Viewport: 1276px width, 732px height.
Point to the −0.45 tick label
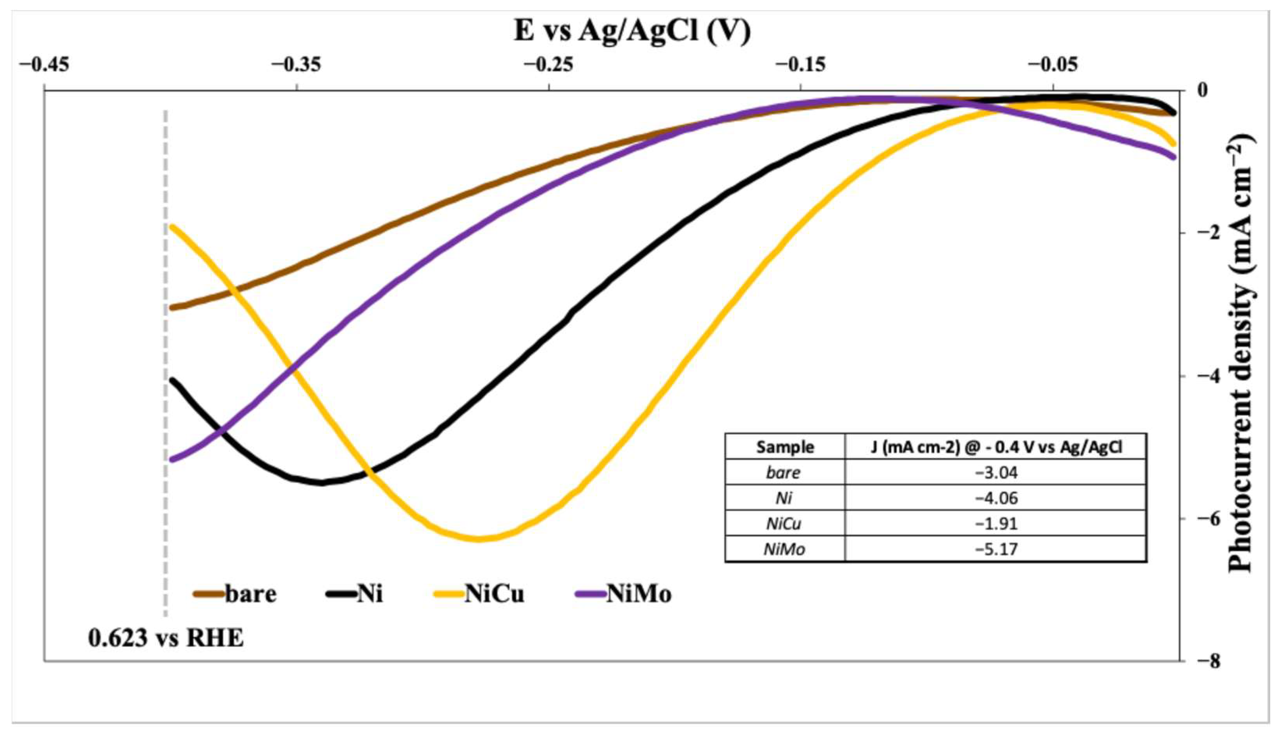point(44,65)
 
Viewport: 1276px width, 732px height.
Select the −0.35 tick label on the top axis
point(297,65)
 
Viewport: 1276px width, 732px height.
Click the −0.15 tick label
point(800,65)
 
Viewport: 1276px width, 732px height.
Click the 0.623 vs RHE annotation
point(166,638)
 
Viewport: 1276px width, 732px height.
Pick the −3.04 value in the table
point(996,472)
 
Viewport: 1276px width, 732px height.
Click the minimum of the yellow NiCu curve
point(478,539)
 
